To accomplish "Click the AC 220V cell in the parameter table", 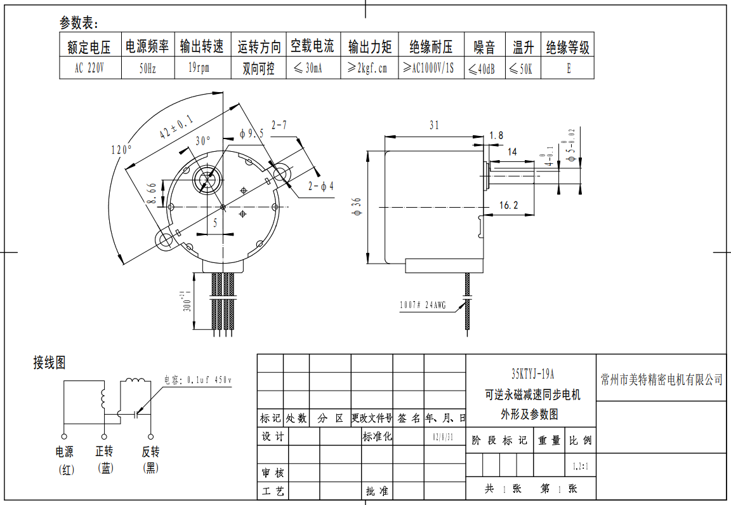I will (x=89, y=68).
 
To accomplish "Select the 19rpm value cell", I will (x=199, y=67).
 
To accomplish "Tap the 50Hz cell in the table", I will (x=147, y=69).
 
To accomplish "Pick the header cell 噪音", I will (x=485, y=47).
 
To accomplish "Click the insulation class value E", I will (x=568, y=69).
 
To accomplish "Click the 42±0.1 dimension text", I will (x=177, y=127).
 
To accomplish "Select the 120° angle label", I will (x=121, y=150).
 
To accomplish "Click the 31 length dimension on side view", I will (x=434, y=125).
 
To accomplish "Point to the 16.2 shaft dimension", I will (x=509, y=205).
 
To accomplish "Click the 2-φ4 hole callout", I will (x=321, y=186).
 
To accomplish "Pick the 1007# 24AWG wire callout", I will (x=423, y=305).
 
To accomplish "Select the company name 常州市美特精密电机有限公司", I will (x=661, y=380).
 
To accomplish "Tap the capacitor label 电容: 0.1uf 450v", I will (x=198, y=380).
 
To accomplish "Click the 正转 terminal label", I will (x=104, y=452).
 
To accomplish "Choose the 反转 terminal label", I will (x=150, y=452).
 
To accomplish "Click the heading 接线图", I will (x=49, y=363).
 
